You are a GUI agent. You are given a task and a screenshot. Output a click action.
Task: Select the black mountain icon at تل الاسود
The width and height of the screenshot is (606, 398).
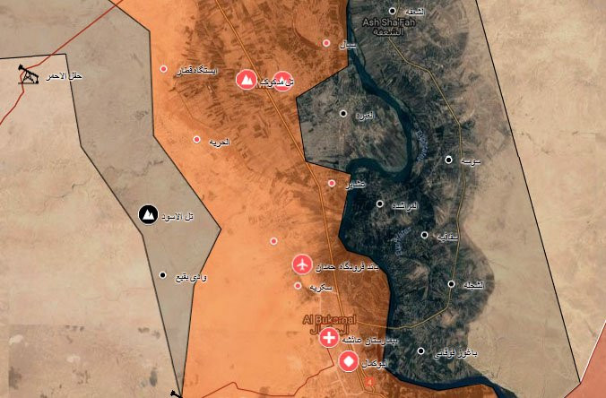pos(147,214)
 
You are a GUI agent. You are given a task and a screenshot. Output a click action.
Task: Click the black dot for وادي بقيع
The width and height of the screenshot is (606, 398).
pos(162,275)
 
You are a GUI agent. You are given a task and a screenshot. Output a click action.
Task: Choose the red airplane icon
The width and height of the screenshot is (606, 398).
pos(302,264)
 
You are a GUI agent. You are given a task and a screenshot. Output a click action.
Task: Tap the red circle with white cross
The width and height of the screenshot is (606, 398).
pos(329,338)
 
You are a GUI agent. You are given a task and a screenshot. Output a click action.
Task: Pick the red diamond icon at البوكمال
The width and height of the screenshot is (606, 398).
pos(348,363)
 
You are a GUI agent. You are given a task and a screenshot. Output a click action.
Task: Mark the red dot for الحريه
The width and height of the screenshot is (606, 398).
pos(197,139)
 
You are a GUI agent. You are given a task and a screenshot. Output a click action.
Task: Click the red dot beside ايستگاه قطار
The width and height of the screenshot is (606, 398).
pos(163,69)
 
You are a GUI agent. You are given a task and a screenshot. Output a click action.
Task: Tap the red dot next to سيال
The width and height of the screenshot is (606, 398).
pos(326,42)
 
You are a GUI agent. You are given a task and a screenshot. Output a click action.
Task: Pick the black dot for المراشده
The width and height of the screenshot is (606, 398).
pos(380,204)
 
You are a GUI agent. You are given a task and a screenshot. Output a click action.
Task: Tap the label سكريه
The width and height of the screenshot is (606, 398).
pos(321,287)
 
